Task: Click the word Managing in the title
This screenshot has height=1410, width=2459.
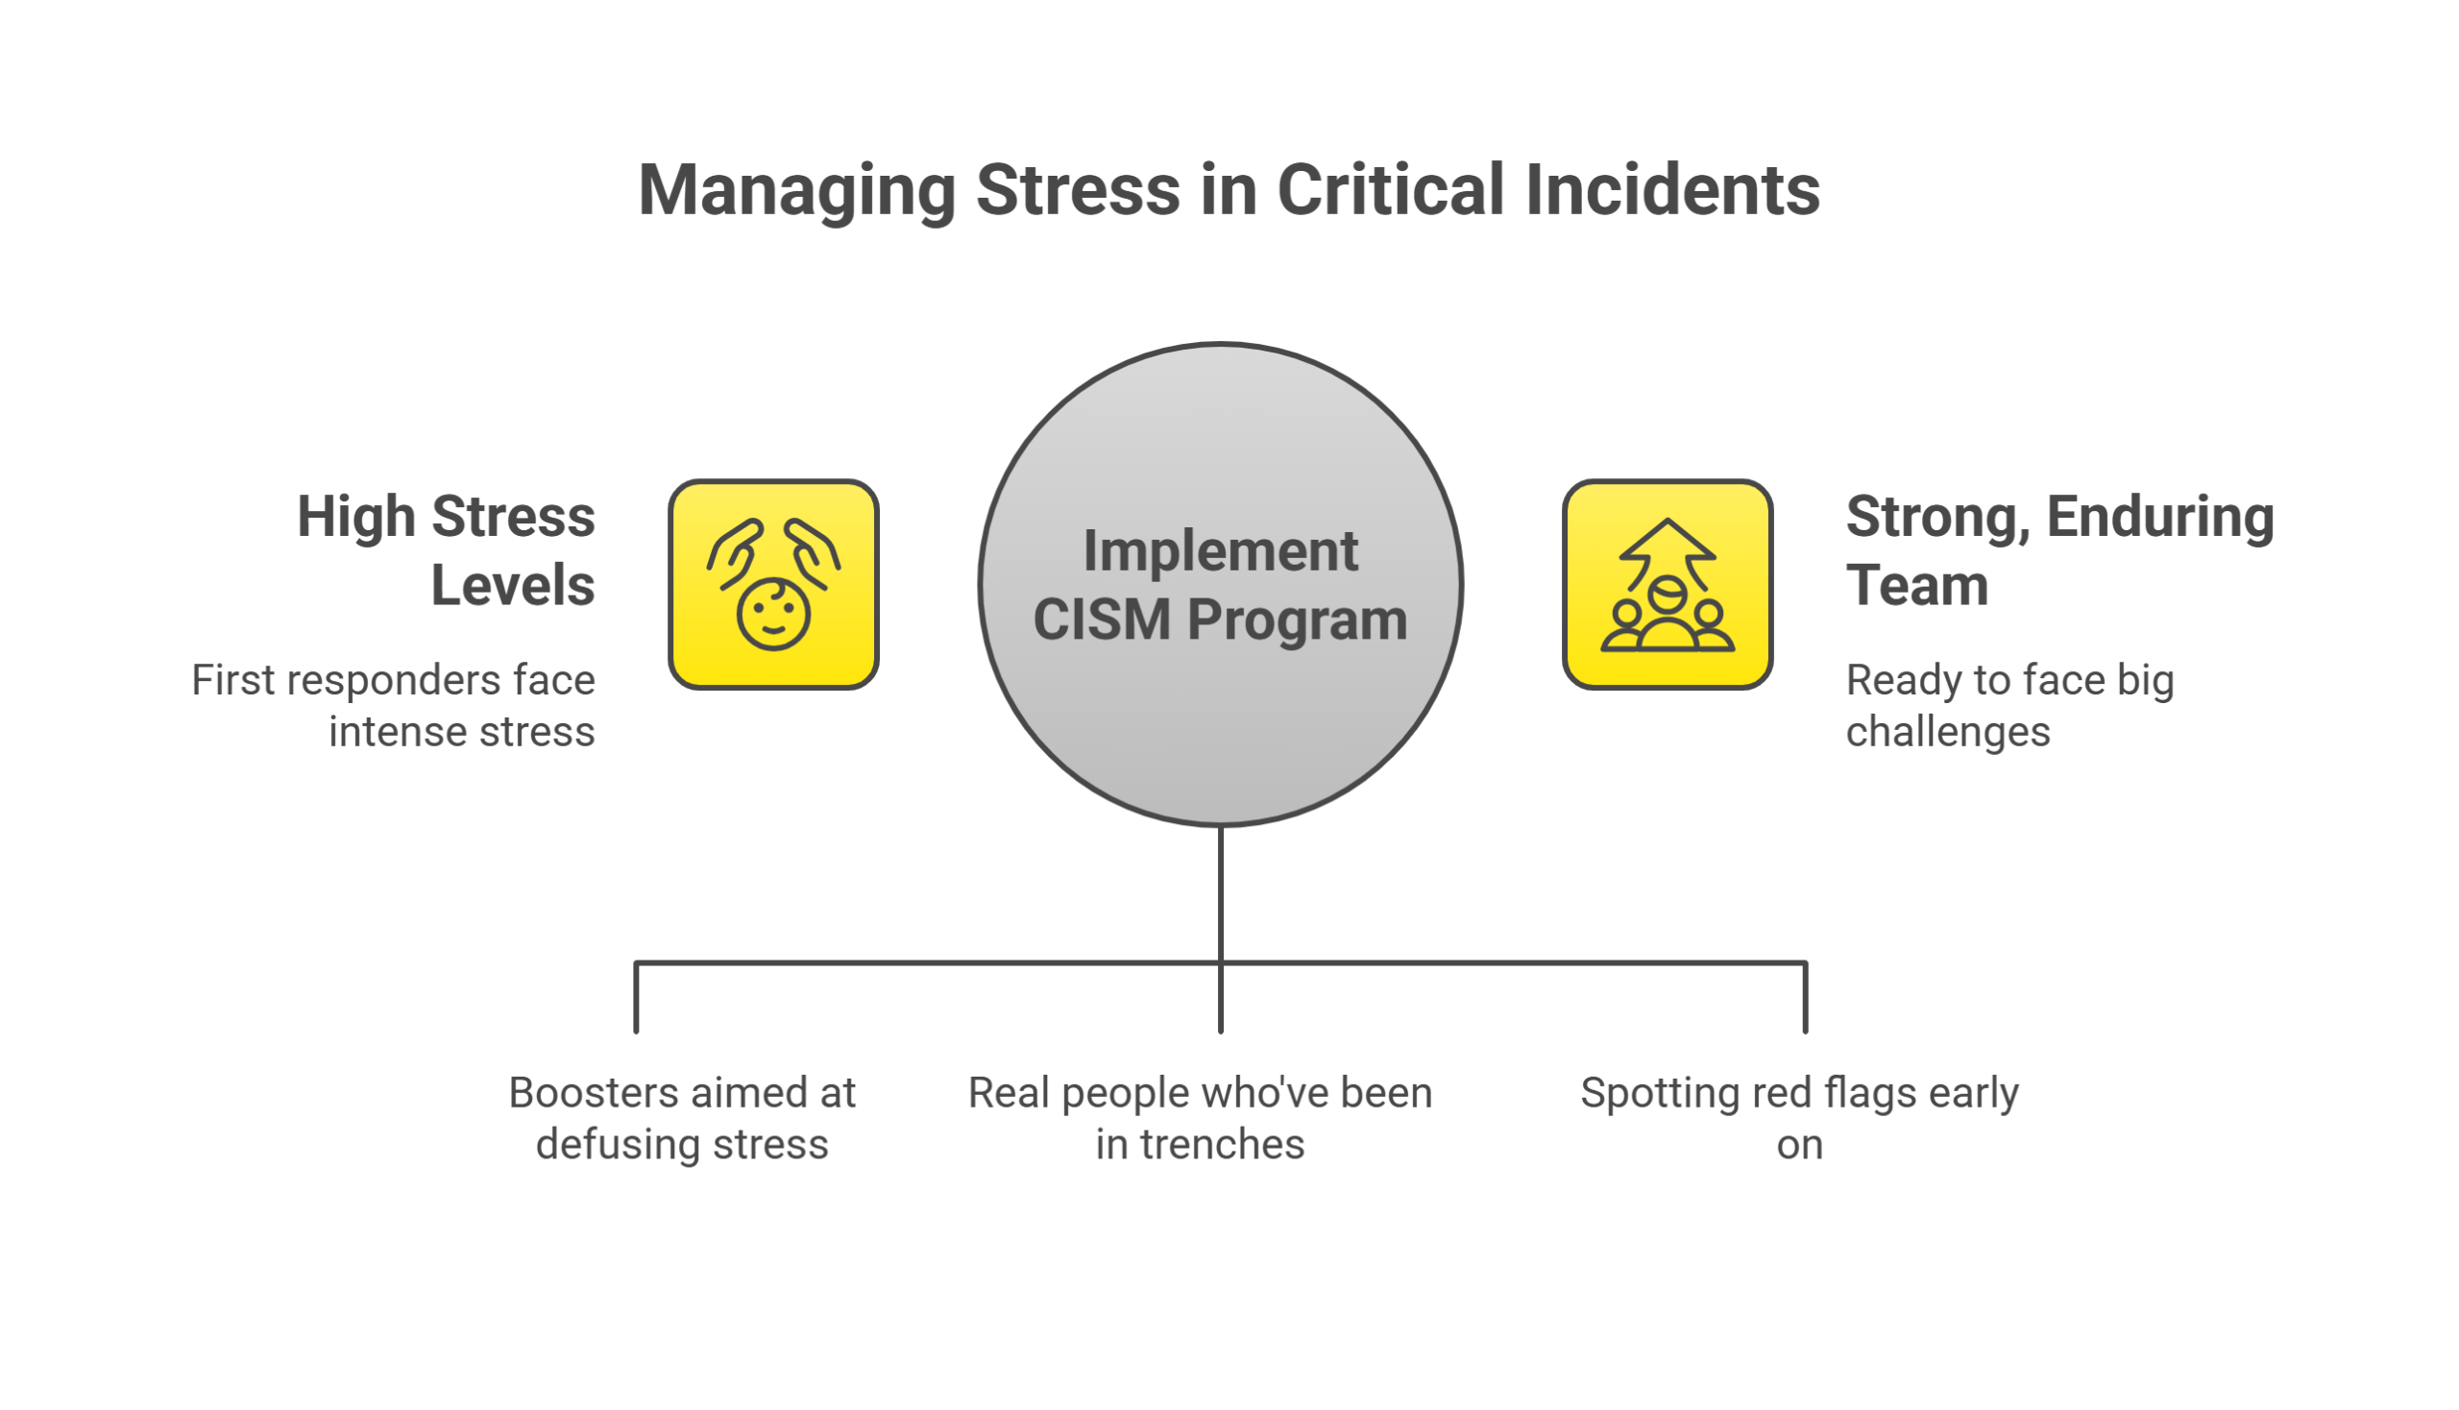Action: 796,190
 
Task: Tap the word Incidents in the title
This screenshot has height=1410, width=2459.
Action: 1671,190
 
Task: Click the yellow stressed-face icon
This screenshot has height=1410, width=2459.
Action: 773,585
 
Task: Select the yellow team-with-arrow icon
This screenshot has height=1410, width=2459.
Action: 1667,585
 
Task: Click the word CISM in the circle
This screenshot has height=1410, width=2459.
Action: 1101,620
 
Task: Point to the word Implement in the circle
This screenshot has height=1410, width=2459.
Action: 1220,551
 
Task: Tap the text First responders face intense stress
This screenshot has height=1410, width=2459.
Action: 393,706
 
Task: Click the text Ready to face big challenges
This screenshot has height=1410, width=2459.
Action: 2009,706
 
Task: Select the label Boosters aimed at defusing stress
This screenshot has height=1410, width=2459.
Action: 683,1119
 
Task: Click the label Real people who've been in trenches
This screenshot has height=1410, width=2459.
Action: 1200,1119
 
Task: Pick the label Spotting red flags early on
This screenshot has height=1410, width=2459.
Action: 1798,1119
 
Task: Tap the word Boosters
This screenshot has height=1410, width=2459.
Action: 594,1093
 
